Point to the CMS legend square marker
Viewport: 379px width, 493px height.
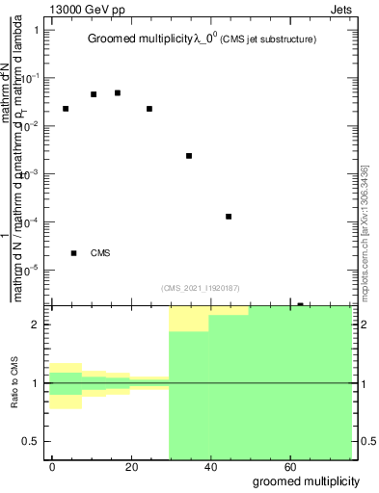coord(74,253)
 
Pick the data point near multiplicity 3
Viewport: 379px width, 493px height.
coord(66,109)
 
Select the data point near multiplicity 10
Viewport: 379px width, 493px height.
coord(94,94)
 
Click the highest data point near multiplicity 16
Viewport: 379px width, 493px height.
coord(118,92)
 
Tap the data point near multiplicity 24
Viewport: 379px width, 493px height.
coord(149,109)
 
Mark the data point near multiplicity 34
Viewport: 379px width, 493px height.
coord(189,156)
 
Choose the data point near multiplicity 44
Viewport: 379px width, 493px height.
coord(229,217)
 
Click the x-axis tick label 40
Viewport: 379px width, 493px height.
coord(209,466)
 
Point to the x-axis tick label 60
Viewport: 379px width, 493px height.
coord(287,466)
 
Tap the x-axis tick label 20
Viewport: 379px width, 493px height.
coord(131,466)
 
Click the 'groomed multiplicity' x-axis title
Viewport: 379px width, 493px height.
coord(307,480)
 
